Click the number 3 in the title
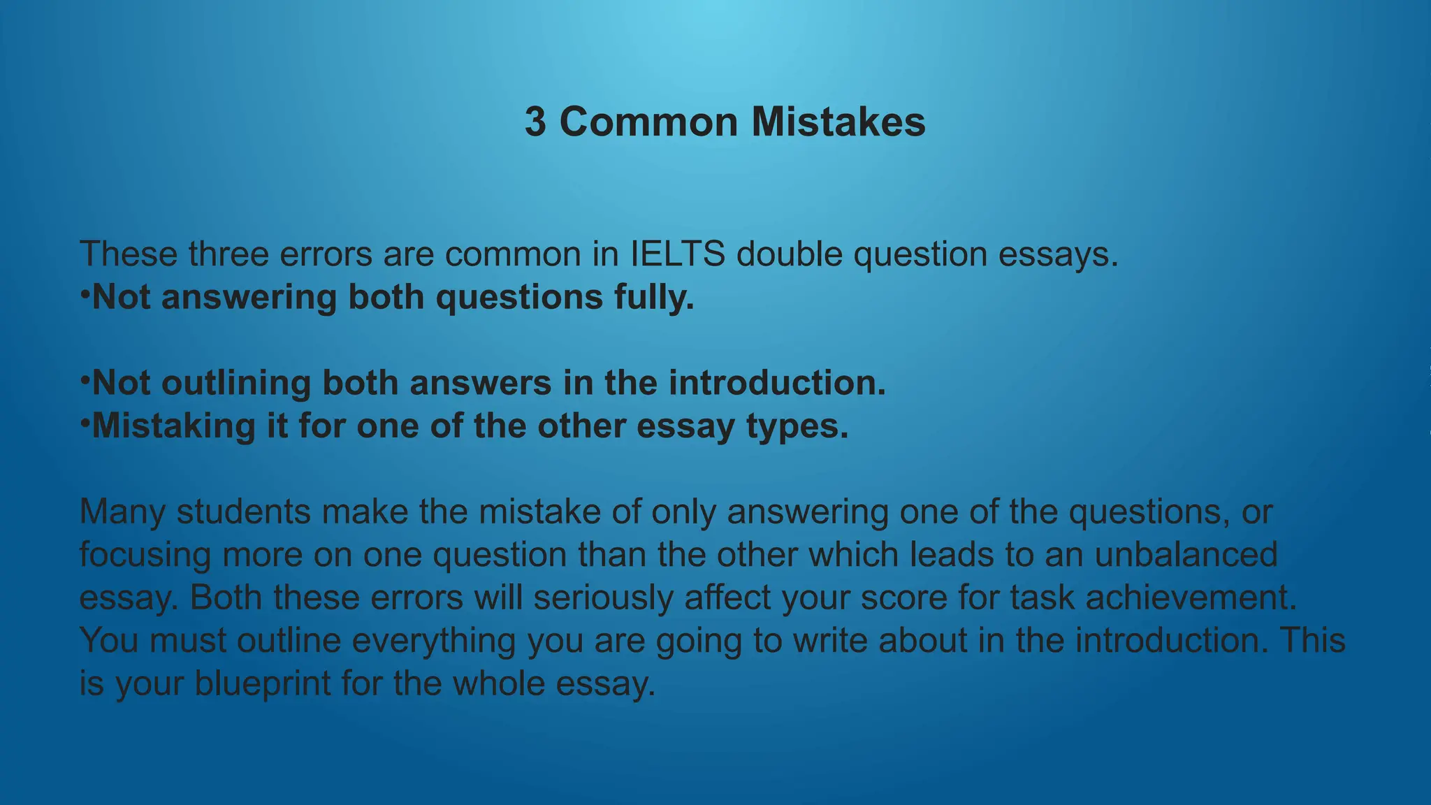tap(535, 122)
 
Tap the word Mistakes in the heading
tap(838, 122)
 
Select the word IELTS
tap(677, 254)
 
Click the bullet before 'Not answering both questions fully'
tap(84, 294)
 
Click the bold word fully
tap(654, 298)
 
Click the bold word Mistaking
tap(174, 426)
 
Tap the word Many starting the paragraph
tap(122, 512)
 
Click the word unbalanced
tap(1186, 555)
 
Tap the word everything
tap(433, 641)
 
